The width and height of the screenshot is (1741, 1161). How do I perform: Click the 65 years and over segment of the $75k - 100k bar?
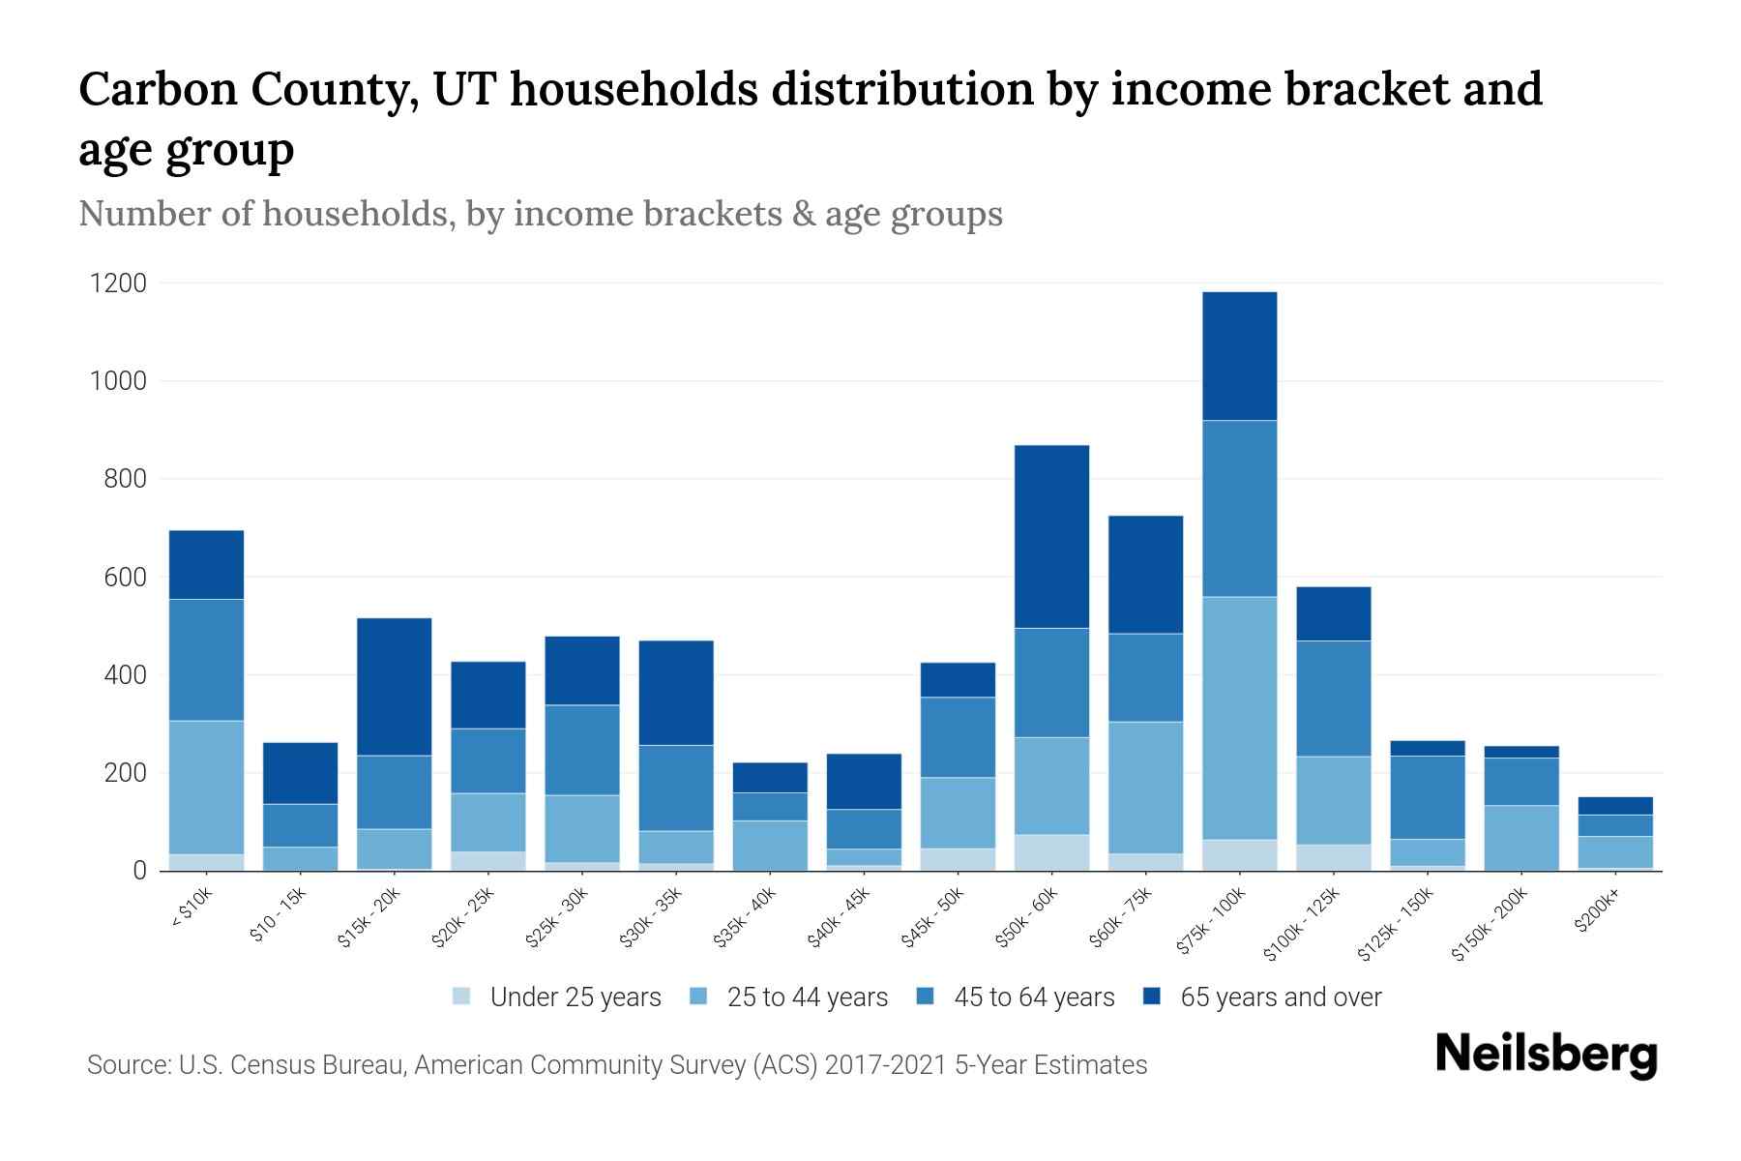pyautogui.click(x=1239, y=356)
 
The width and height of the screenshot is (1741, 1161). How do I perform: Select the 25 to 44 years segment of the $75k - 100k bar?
pyautogui.click(x=1239, y=718)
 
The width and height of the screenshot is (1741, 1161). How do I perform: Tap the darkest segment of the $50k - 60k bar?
pyautogui.click(x=1051, y=537)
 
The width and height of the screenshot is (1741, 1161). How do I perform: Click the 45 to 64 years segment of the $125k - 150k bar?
pyautogui.click(x=1427, y=797)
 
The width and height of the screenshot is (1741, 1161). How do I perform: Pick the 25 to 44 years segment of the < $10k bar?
pyautogui.click(x=206, y=788)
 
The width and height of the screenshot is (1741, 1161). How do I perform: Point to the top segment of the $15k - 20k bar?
pyautogui.click(x=394, y=687)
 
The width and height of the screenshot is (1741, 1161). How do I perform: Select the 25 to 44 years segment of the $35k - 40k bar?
pyautogui.click(x=770, y=846)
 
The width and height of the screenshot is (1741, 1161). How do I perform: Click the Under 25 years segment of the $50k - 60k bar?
pyautogui.click(x=1051, y=852)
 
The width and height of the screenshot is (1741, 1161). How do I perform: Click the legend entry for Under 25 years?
pyautogui.click(x=557, y=997)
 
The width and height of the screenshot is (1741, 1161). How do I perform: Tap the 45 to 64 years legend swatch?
pyautogui.click(x=926, y=997)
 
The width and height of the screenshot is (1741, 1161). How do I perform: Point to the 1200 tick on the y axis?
pyautogui.click(x=118, y=283)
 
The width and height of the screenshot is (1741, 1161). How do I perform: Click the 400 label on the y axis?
pyautogui.click(x=126, y=675)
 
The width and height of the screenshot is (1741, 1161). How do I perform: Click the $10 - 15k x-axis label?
pyautogui.click(x=279, y=919)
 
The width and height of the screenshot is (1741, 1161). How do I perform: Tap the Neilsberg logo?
pyautogui.click(x=1546, y=1055)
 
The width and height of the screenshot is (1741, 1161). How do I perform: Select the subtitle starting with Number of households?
pyautogui.click(x=540, y=214)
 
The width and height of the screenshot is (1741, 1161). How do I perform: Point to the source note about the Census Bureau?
pyautogui.click(x=616, y=1065)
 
